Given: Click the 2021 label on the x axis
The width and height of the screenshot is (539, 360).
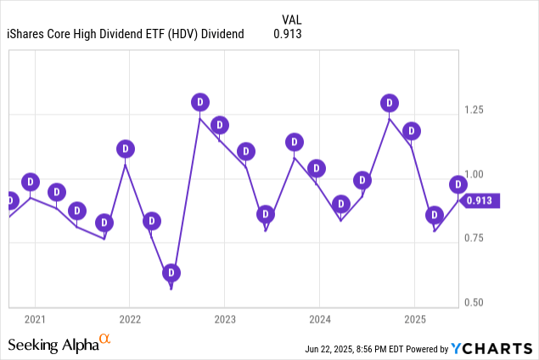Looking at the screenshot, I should [x=35, y=320].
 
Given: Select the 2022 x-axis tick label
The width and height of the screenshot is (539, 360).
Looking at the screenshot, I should [x=130, y=320].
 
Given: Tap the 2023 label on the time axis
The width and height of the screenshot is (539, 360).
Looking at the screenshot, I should [x=224, y=320].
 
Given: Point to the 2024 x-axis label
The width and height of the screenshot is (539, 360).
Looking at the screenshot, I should [x=319, y=320].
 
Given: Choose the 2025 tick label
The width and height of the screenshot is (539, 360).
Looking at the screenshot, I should [x=414, y=320].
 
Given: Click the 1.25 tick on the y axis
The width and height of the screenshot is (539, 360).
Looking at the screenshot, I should [x=474, y=110].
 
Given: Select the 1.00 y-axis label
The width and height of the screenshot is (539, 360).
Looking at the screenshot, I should [x=474, y=174].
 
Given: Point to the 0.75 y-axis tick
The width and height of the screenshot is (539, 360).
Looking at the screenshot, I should [x=474, y=238].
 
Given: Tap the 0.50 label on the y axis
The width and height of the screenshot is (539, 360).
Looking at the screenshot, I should [x=474, y=302].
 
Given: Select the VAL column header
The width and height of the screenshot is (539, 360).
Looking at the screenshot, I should [x=290, y=19].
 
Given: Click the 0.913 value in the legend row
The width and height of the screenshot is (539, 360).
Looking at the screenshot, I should [x=287, y=34].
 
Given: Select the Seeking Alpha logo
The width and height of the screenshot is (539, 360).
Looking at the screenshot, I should [x=59, y=344].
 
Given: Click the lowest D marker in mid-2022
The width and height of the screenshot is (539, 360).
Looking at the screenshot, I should [x=171, y=273].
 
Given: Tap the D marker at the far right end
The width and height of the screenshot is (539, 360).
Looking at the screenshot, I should [x=458, y=184].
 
